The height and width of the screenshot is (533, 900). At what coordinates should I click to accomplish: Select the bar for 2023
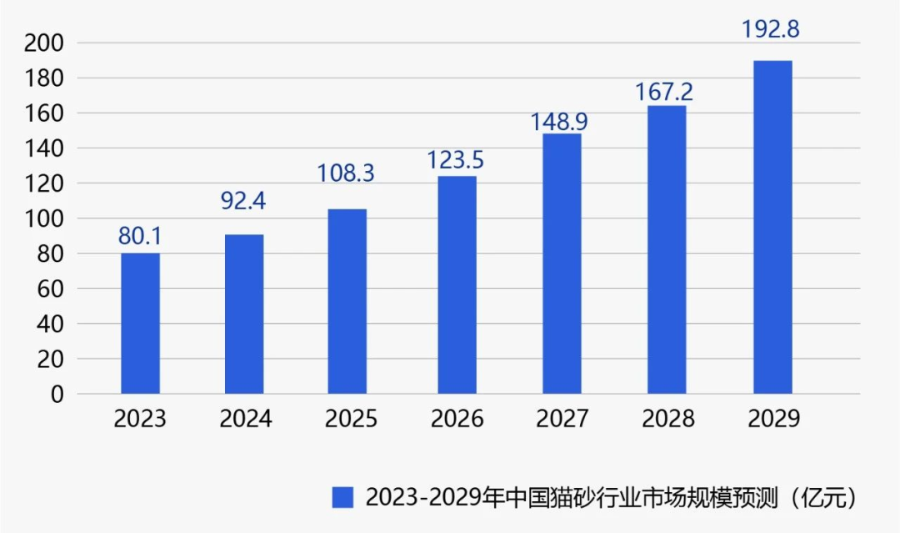coord(140,323)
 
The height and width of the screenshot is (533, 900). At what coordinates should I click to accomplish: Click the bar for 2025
coord(347,301)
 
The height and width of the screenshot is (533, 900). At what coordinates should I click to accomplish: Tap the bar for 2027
coord(562,264)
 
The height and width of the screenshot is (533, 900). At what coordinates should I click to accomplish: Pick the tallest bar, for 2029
coord(772,227)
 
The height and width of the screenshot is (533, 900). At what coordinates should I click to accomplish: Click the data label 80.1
coord(140,236)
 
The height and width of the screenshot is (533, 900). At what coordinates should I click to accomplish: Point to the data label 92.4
coord(244,201)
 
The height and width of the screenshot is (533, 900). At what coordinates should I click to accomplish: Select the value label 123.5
coord(456,158)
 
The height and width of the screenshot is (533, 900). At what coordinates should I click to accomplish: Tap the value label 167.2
coord(664,91)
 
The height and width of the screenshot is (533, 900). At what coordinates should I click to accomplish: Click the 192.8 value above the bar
coord(771,29)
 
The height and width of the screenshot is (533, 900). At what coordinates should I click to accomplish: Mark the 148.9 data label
coord(560,122)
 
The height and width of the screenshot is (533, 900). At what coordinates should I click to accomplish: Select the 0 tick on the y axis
coord(57,395)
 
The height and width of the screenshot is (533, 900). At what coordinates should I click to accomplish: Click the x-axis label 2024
coord(246,418)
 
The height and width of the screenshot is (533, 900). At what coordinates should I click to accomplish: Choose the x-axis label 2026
coord(457,418)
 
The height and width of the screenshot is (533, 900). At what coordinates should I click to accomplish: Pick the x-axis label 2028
coord(667,418)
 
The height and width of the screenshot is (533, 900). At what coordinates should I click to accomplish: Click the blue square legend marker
coord(342,497)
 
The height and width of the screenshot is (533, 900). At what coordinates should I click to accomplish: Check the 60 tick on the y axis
coord(51,289)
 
